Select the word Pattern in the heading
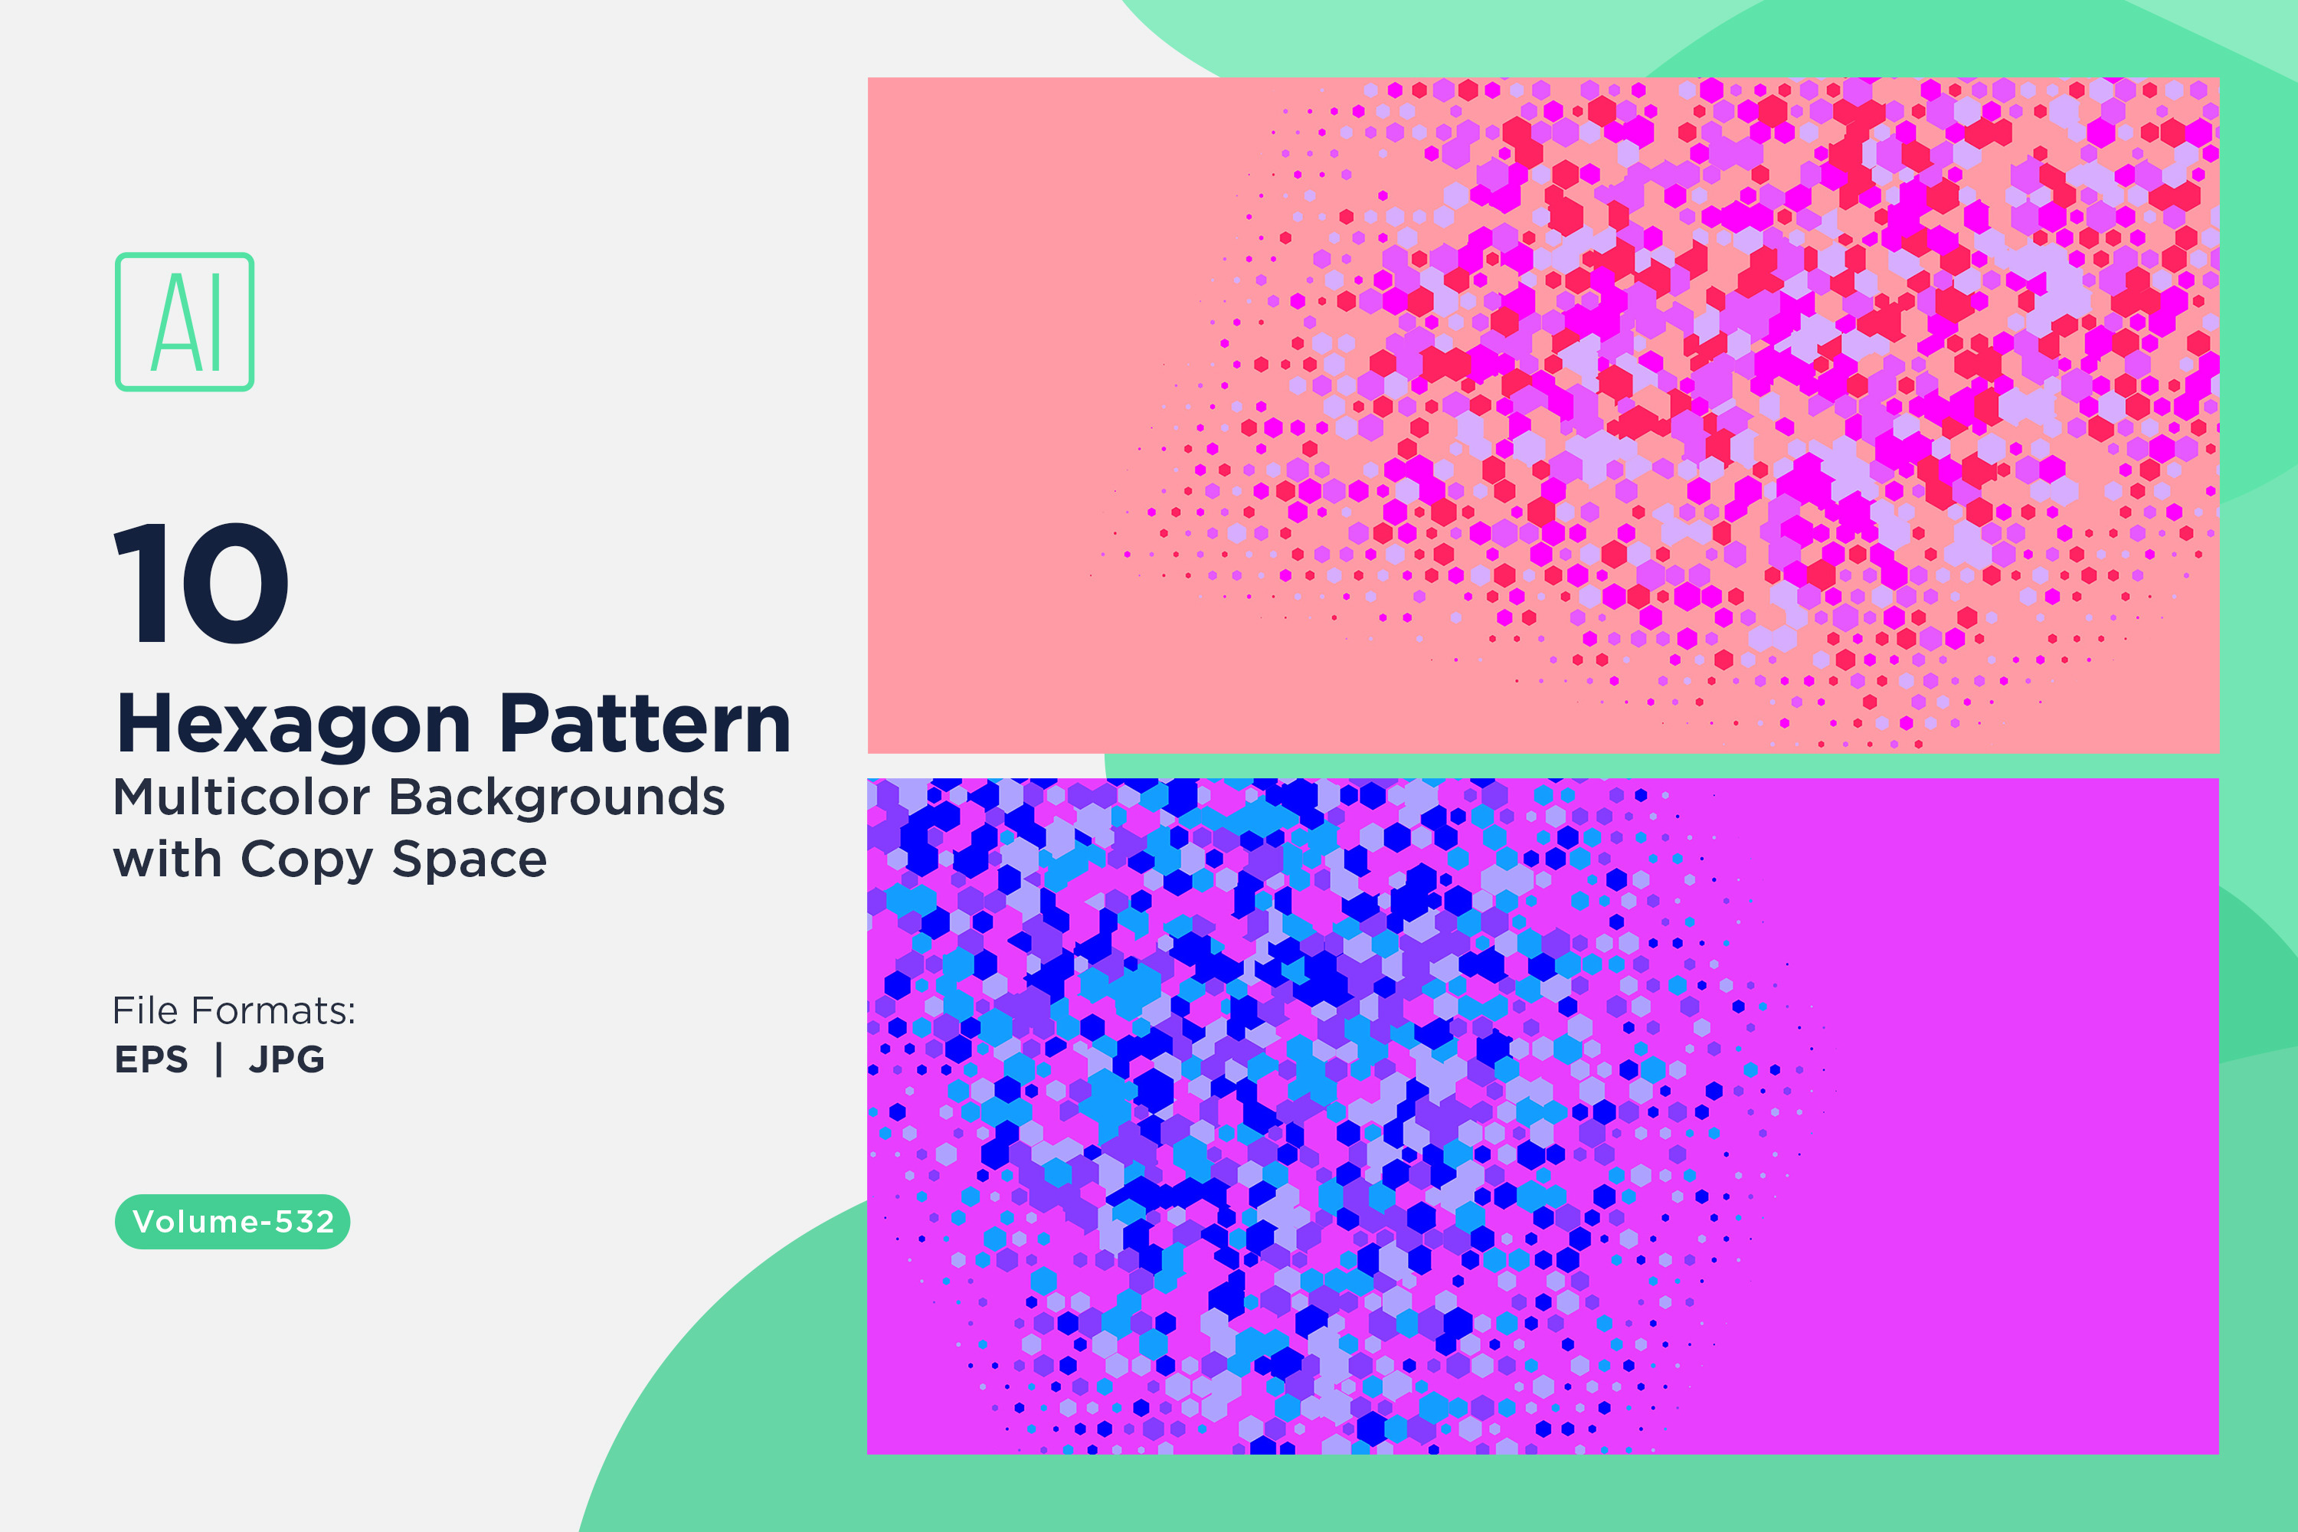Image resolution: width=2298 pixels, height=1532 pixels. [645, 724]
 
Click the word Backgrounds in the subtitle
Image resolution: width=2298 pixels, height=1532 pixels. [557, 797]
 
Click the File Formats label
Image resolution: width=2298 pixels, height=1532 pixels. [234, 1010]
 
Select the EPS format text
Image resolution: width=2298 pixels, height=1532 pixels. [152, 1059]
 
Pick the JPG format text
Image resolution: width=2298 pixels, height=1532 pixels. [286, 1059]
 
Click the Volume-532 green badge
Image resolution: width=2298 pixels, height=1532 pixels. [233, 1221]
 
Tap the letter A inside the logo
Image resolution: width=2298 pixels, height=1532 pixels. [175, 322]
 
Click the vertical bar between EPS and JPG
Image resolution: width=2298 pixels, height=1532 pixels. [219, 1059]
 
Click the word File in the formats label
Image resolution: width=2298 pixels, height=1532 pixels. [145, 1010]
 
